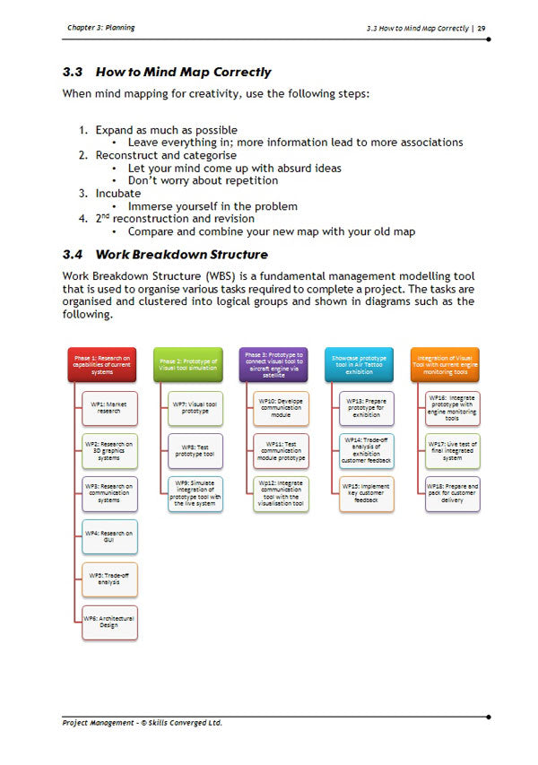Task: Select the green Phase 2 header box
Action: pyautogui.click(x=188, y=363)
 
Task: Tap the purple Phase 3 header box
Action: pyautogui.click(x=273, y=363)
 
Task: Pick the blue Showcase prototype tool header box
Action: pyautogui.click(x=360, y=363)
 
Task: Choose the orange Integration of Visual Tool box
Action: pyautogui.click(x=446, y=363)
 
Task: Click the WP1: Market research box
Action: pyautogui.click(x=109, y=409)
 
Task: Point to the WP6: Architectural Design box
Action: pyautogui.click(x=109, y=622)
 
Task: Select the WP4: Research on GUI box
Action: pyautogui.click(x=109, y=536)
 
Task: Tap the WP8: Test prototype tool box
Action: pyautogui.click(x=195, y=451)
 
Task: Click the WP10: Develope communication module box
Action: pyautogui.click(x=281, y=409)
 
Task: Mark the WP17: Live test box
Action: pyautogui.click(x=453, y=451)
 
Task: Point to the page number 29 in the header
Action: pyautogui.click(x=482, y=28)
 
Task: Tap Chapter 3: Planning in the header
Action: pyautogui.click(x=100, y=28)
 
